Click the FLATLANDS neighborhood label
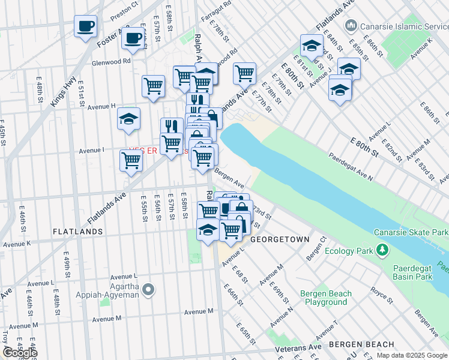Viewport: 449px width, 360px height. pyautogui.click(x=77, y=231)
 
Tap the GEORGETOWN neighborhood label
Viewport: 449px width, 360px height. pyautogui.click(x=280, y=239)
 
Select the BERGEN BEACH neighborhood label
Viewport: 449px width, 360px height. pyautogui.click(x=361, y=344)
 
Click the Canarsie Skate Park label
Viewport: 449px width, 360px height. pyautogui.click(x=411, y=232)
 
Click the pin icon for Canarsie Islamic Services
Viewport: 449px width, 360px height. pyautogui.click(x=351, y=26)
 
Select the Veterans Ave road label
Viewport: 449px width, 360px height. pyautogui.click(x=298, y=348)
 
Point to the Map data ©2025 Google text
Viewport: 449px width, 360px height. pyautogui.click(x=412, y=355)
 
